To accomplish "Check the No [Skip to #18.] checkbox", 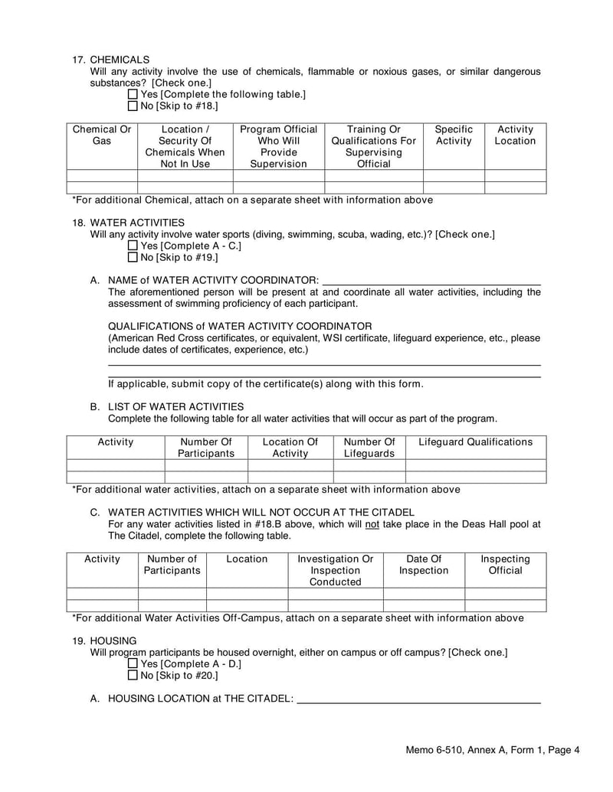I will [133, 106].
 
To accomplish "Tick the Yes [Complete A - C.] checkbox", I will [133, 246].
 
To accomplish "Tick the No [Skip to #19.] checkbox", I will [133, 258].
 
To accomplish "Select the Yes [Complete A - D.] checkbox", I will [133, 664].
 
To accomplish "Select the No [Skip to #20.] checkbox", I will [133, 676].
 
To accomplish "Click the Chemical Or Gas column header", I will [102, 135].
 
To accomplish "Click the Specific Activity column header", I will [454, 135].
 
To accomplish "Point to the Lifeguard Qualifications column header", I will [475, 442].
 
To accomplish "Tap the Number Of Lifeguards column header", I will [369, 448].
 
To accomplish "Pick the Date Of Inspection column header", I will [424, 565].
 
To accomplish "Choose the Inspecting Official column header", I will [505, 565].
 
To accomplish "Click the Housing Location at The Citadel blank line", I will [418, 698].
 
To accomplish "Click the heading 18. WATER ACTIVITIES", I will [125, 222].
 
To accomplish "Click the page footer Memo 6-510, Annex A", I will [492, 751].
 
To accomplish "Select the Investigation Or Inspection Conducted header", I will [335, 570].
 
